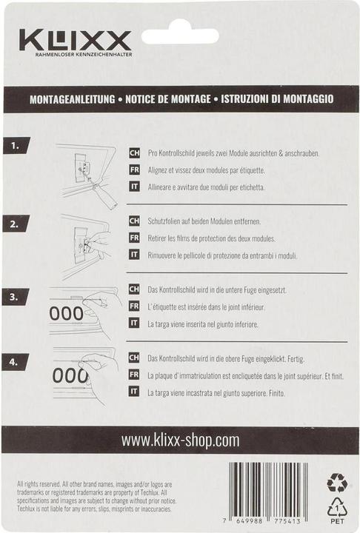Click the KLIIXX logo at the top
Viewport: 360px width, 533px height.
pyautogui.click(x=76, y=41)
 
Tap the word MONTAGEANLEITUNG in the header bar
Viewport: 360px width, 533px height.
pyautogui.click(x=71, y=98)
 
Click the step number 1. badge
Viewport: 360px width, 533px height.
pyautogui.click(x=15, y=146)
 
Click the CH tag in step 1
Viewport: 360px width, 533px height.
pyautogui.click(x=134, y=153)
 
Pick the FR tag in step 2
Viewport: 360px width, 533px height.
pyautogui.click(x=134, y=238)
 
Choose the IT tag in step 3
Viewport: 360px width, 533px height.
pyautogui.click(x=134, y=322)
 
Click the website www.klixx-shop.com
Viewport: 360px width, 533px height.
pyautogui.click(x=180, y=440)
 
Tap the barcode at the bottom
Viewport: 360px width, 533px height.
pyautogui.click(x=268, y=493)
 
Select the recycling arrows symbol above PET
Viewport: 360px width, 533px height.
pyautogui.click(x=337, y=483)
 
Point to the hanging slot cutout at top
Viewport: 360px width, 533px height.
pyautogui.click(x=180, y=35)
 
